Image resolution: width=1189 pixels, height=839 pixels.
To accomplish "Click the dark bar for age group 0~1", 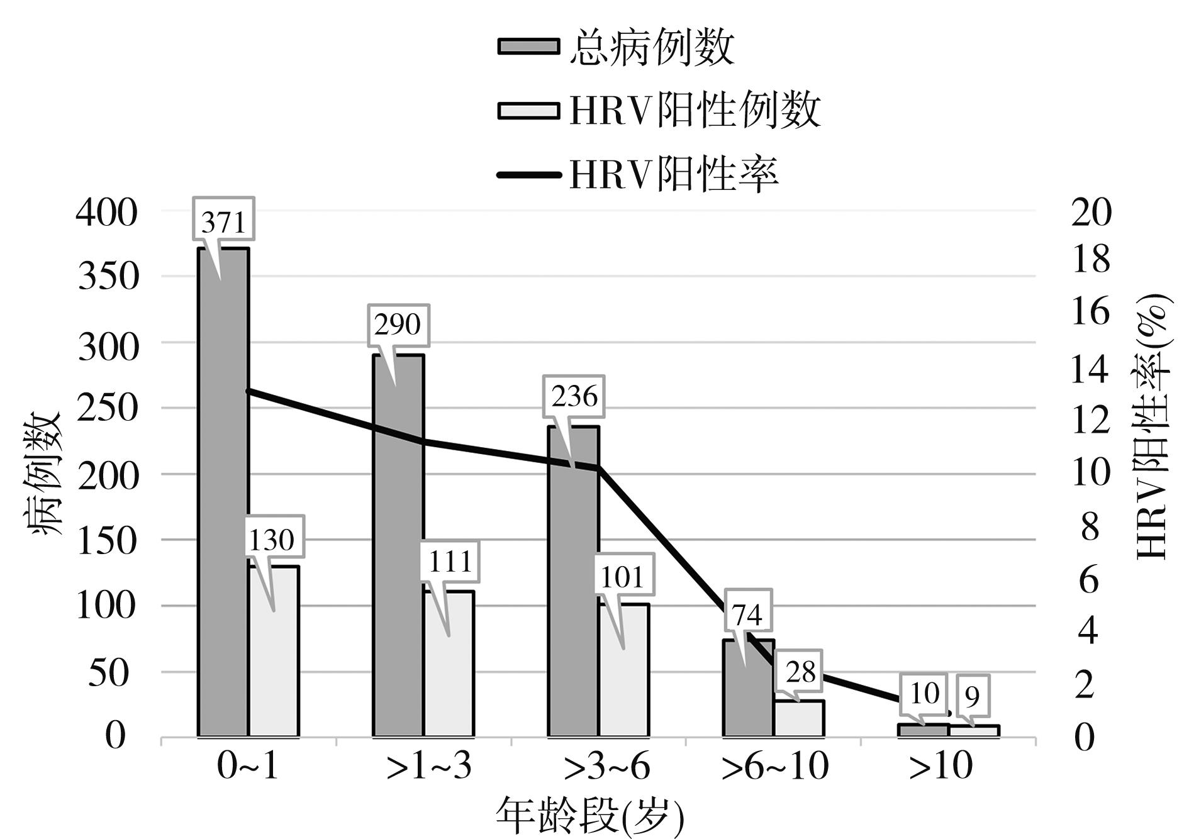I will coord(223,503).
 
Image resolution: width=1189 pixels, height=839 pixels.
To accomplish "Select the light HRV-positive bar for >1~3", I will coord(449,667).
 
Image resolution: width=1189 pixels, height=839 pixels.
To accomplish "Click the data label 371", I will coord(223,222).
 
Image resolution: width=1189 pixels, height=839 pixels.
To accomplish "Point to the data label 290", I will coord(398,325).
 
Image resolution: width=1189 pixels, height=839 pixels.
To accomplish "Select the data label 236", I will coord(574,397).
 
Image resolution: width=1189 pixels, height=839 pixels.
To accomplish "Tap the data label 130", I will coord(272,540).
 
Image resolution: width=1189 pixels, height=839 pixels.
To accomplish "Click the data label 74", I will coord(747,614).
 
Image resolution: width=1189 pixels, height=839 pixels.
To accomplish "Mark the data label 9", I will coord(973,696).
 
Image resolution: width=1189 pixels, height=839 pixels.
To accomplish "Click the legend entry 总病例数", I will coord(651,47).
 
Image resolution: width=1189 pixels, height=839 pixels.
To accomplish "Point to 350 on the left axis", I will coord(108,276).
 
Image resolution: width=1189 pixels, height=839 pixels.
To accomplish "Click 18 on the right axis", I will coord(1091,259).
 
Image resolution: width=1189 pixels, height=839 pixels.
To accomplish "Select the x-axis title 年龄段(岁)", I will coord(590,814).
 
